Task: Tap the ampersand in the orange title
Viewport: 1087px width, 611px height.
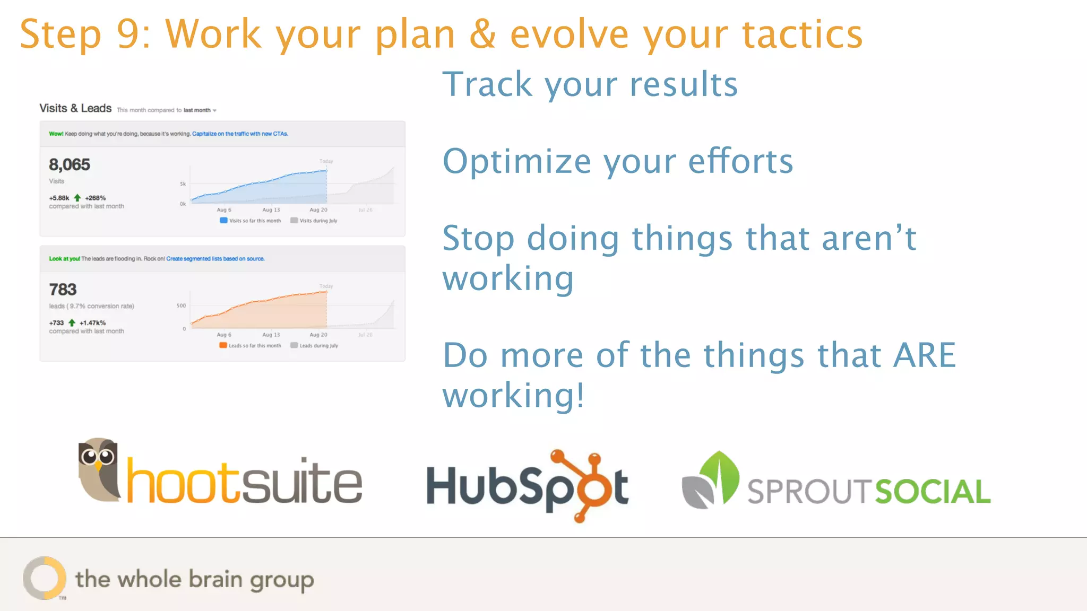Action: pos(482,34)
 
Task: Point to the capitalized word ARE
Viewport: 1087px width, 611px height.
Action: pos(924,355)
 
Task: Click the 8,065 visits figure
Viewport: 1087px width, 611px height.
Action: pos(70,165)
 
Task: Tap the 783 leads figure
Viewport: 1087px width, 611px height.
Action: pos(63,290)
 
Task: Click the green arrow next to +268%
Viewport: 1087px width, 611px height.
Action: pos(77,198)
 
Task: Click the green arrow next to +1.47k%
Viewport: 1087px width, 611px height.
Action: pos(72,322)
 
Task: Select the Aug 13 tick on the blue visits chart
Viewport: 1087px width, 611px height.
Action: pos(271,210)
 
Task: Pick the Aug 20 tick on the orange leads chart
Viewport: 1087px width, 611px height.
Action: pos(318,335)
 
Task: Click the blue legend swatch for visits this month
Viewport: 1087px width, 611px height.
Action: pos(223,220)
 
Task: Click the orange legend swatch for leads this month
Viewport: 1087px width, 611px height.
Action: pos(223,345)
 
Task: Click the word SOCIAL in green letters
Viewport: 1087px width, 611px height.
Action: pos(933,492)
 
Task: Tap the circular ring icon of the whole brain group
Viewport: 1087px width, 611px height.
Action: pos(45,578)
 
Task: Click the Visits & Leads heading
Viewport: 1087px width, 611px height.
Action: pos(75,108)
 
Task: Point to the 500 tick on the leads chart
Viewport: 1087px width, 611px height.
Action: pos(181,305)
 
